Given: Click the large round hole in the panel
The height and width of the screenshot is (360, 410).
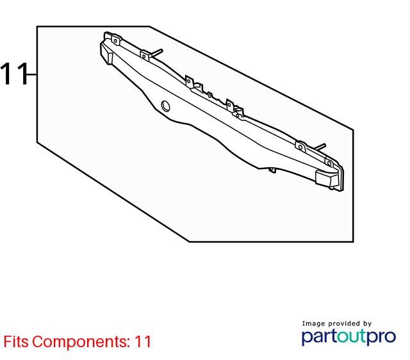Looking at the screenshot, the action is pos(165,106).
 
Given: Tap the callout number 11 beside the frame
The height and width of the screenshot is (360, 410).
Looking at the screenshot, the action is pos(14,74).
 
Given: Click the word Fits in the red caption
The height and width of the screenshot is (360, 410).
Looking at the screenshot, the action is pos(16,341).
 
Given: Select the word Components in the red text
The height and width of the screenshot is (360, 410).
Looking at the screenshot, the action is pos(81,342).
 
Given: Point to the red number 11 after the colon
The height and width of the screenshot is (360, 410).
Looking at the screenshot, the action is pos(143,341).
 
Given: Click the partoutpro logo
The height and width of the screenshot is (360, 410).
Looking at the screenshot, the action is pos(348,337).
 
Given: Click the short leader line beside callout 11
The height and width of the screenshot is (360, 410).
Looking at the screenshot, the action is pos(32,74).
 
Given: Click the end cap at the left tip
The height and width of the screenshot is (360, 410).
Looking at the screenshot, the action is pos(106,54).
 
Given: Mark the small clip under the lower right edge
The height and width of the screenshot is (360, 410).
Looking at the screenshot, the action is pos(272,170).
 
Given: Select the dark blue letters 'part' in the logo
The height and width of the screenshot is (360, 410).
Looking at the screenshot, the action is pos(319,337).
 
